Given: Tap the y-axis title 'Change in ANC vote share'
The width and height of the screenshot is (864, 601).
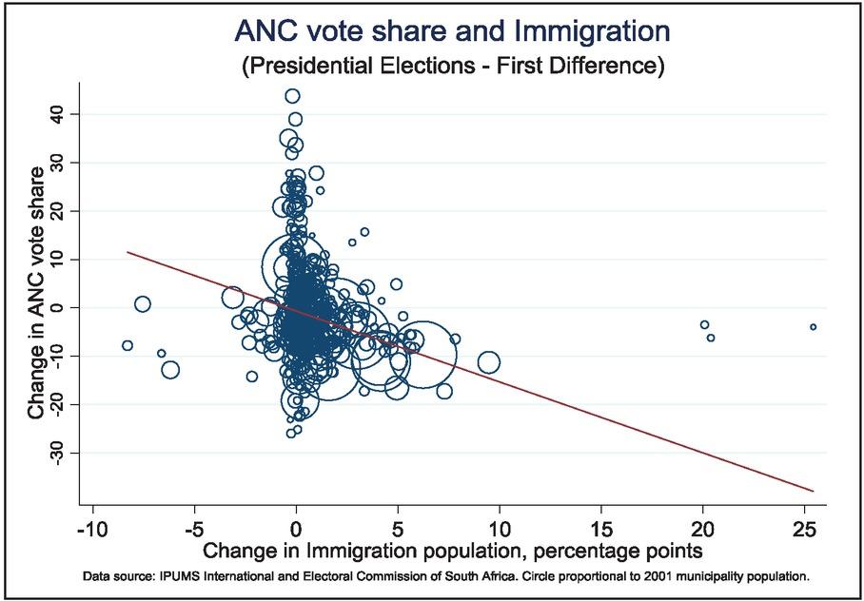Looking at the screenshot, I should point(36,293).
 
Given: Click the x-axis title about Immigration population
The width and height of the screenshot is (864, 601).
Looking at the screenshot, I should point(452,551).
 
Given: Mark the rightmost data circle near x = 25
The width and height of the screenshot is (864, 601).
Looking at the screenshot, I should point(813,327).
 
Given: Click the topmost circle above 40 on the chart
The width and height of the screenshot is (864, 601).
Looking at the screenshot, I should point(292,96).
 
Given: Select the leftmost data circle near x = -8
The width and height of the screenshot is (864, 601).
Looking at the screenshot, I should point(128,345).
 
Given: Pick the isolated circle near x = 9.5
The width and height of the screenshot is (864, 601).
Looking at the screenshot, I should point(488,362).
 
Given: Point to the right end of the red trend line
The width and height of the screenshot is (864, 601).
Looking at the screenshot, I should point(815,492).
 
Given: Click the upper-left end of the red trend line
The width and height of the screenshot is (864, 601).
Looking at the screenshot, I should point(128,252).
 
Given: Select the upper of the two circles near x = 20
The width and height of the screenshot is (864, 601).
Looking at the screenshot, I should point(704,325).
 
